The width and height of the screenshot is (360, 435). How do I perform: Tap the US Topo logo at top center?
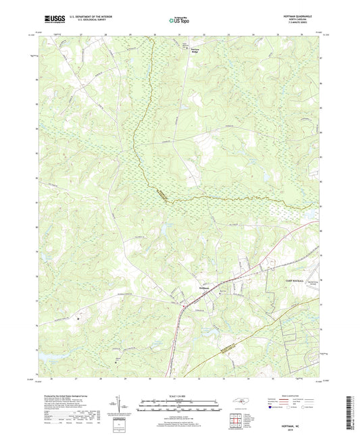(x=179, y=21)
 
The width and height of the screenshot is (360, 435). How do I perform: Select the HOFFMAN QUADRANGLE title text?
(x=301, y=18)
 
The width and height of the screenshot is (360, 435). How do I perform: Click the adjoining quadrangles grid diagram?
(x=237, y=422)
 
